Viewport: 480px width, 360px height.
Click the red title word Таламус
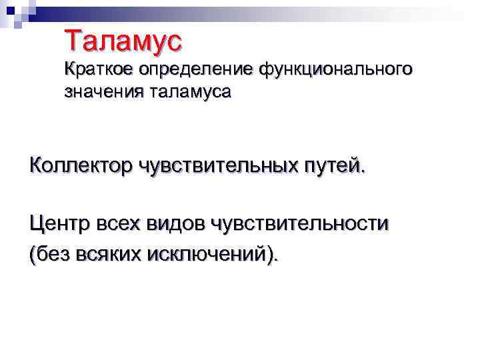123,41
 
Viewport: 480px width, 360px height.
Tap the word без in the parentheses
52,254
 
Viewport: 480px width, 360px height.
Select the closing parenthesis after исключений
269,255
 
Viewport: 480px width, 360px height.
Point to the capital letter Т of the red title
73,41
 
